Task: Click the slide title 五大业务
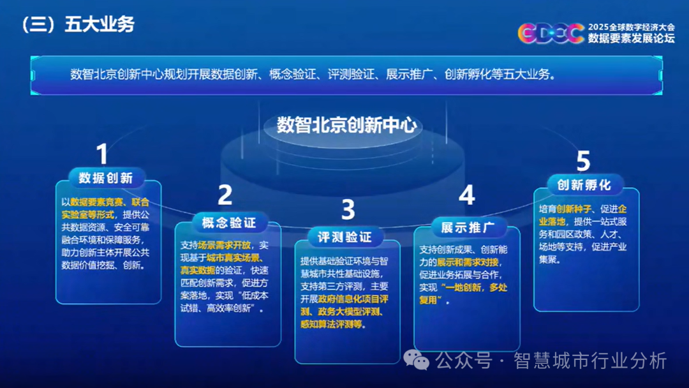100,25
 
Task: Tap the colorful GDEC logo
551,33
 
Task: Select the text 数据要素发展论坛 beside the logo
632,38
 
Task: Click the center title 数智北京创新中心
346,125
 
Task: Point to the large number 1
102,154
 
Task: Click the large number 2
225,195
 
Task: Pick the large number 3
348,209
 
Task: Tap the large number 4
466,195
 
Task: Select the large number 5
583,161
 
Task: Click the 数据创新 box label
106,178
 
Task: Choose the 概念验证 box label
229,223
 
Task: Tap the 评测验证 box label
345,237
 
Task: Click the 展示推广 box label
468,228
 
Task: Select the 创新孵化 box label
584,185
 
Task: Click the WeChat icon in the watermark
416,361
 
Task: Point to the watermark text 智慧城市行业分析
590,361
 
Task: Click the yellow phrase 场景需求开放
225,245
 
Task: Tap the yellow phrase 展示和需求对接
468,262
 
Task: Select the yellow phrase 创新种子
574,209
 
